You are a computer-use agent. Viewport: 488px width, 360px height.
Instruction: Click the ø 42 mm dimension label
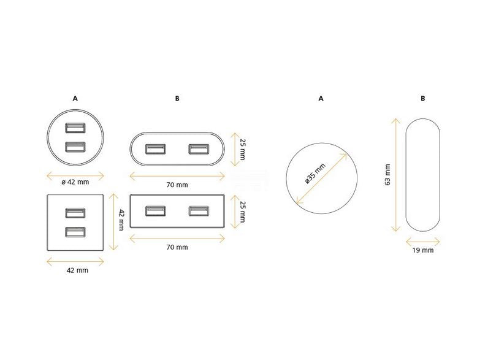(75, 182)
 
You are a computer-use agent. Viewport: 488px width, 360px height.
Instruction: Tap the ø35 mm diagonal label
(315, 174)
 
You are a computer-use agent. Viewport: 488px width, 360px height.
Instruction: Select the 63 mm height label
(387, 175)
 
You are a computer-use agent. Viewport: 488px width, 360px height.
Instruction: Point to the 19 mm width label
(422, 250)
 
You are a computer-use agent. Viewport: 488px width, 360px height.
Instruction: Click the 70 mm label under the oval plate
(177, 185)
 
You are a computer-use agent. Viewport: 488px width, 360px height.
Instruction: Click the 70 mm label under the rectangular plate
(177, 247)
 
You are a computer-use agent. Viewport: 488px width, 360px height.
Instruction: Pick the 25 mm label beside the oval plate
(242, 150)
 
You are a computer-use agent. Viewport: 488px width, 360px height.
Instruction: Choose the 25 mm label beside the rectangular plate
(242, 212)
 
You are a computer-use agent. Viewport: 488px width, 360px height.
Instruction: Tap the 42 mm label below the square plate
(77, 270)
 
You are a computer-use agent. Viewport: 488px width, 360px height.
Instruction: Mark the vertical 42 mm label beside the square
(121, 220)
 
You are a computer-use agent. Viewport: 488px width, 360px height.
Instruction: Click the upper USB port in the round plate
(75, 128)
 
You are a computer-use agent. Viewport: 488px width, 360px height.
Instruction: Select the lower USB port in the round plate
(75, 147)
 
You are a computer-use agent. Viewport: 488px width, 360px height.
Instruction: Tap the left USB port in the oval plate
(156, 149)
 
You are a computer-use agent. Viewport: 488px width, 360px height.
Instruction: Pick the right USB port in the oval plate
(199, 149)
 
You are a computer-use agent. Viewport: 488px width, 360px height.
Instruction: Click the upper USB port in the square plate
(75, 213)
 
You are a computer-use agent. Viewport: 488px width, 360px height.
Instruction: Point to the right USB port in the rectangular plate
(199, 211)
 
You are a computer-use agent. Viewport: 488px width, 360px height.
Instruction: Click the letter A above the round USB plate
(75, 98)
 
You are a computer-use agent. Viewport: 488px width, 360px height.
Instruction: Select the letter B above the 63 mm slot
(422, 98)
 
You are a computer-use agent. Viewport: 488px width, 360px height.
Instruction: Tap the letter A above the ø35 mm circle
(321, 98)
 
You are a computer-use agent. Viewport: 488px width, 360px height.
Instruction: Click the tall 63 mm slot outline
(422, 175)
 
